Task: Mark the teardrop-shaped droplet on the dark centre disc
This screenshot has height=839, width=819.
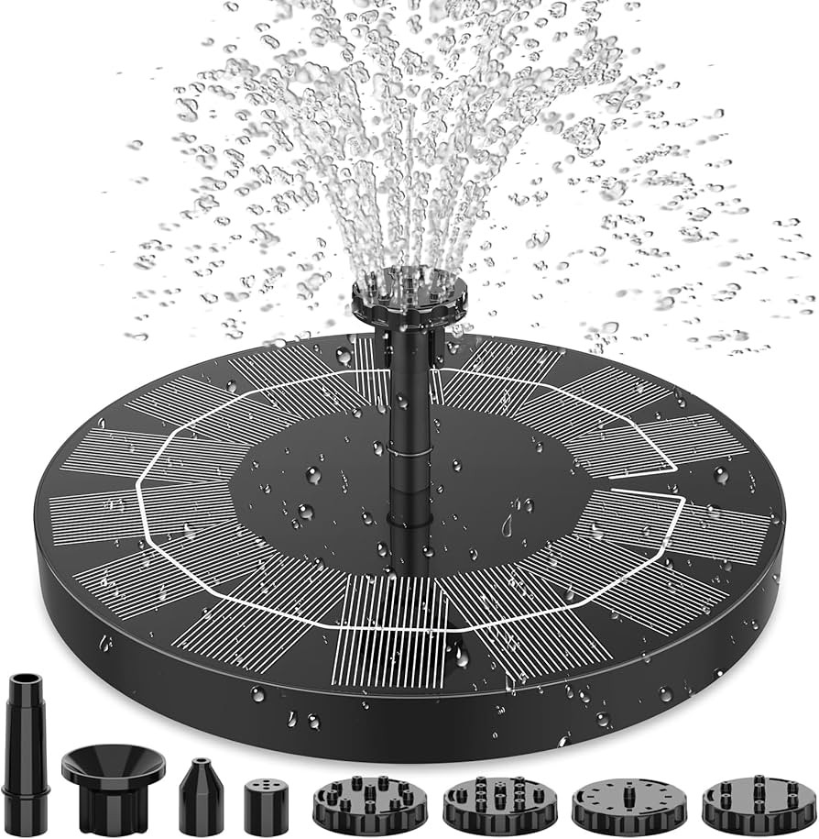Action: [507, 525]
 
